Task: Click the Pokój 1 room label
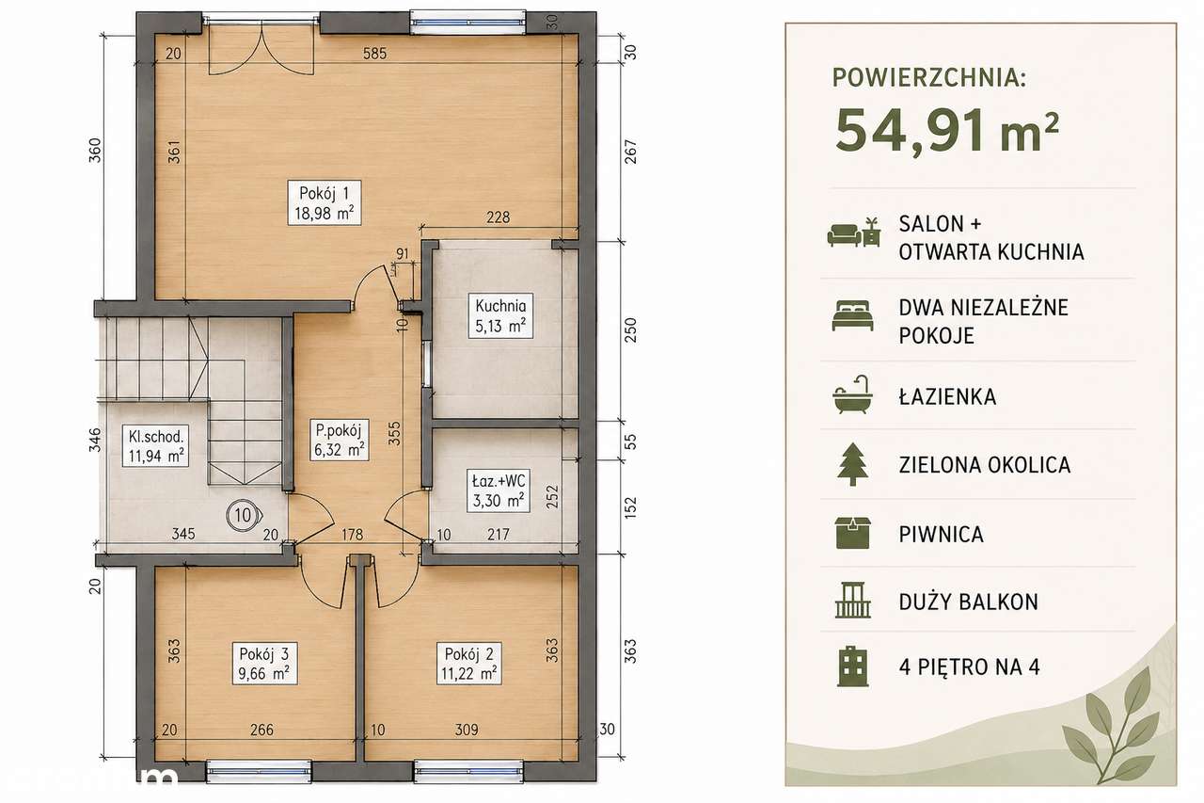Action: pos(325,202)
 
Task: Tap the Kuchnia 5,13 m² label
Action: pos(500,315)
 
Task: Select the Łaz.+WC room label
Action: pos(499,490)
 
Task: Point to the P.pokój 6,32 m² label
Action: pos(339,440)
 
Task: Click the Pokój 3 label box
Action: pos(264,663)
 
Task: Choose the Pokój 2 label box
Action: pos(469,663)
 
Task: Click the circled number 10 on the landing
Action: pos(244,515)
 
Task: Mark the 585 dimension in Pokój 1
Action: pos(374,54)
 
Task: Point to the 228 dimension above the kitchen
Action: pos(498,217)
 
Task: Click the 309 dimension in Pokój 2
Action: pos(466,730)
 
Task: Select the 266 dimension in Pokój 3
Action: pos(261,730)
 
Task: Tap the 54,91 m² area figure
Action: pos(947,132)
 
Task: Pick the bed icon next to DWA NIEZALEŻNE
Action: pos(852,315)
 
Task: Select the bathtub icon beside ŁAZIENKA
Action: pos(852,394)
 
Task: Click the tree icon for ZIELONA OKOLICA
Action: pos(852,464)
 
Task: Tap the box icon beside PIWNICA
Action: pos(852,533)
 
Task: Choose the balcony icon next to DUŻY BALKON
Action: pos(853,601)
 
